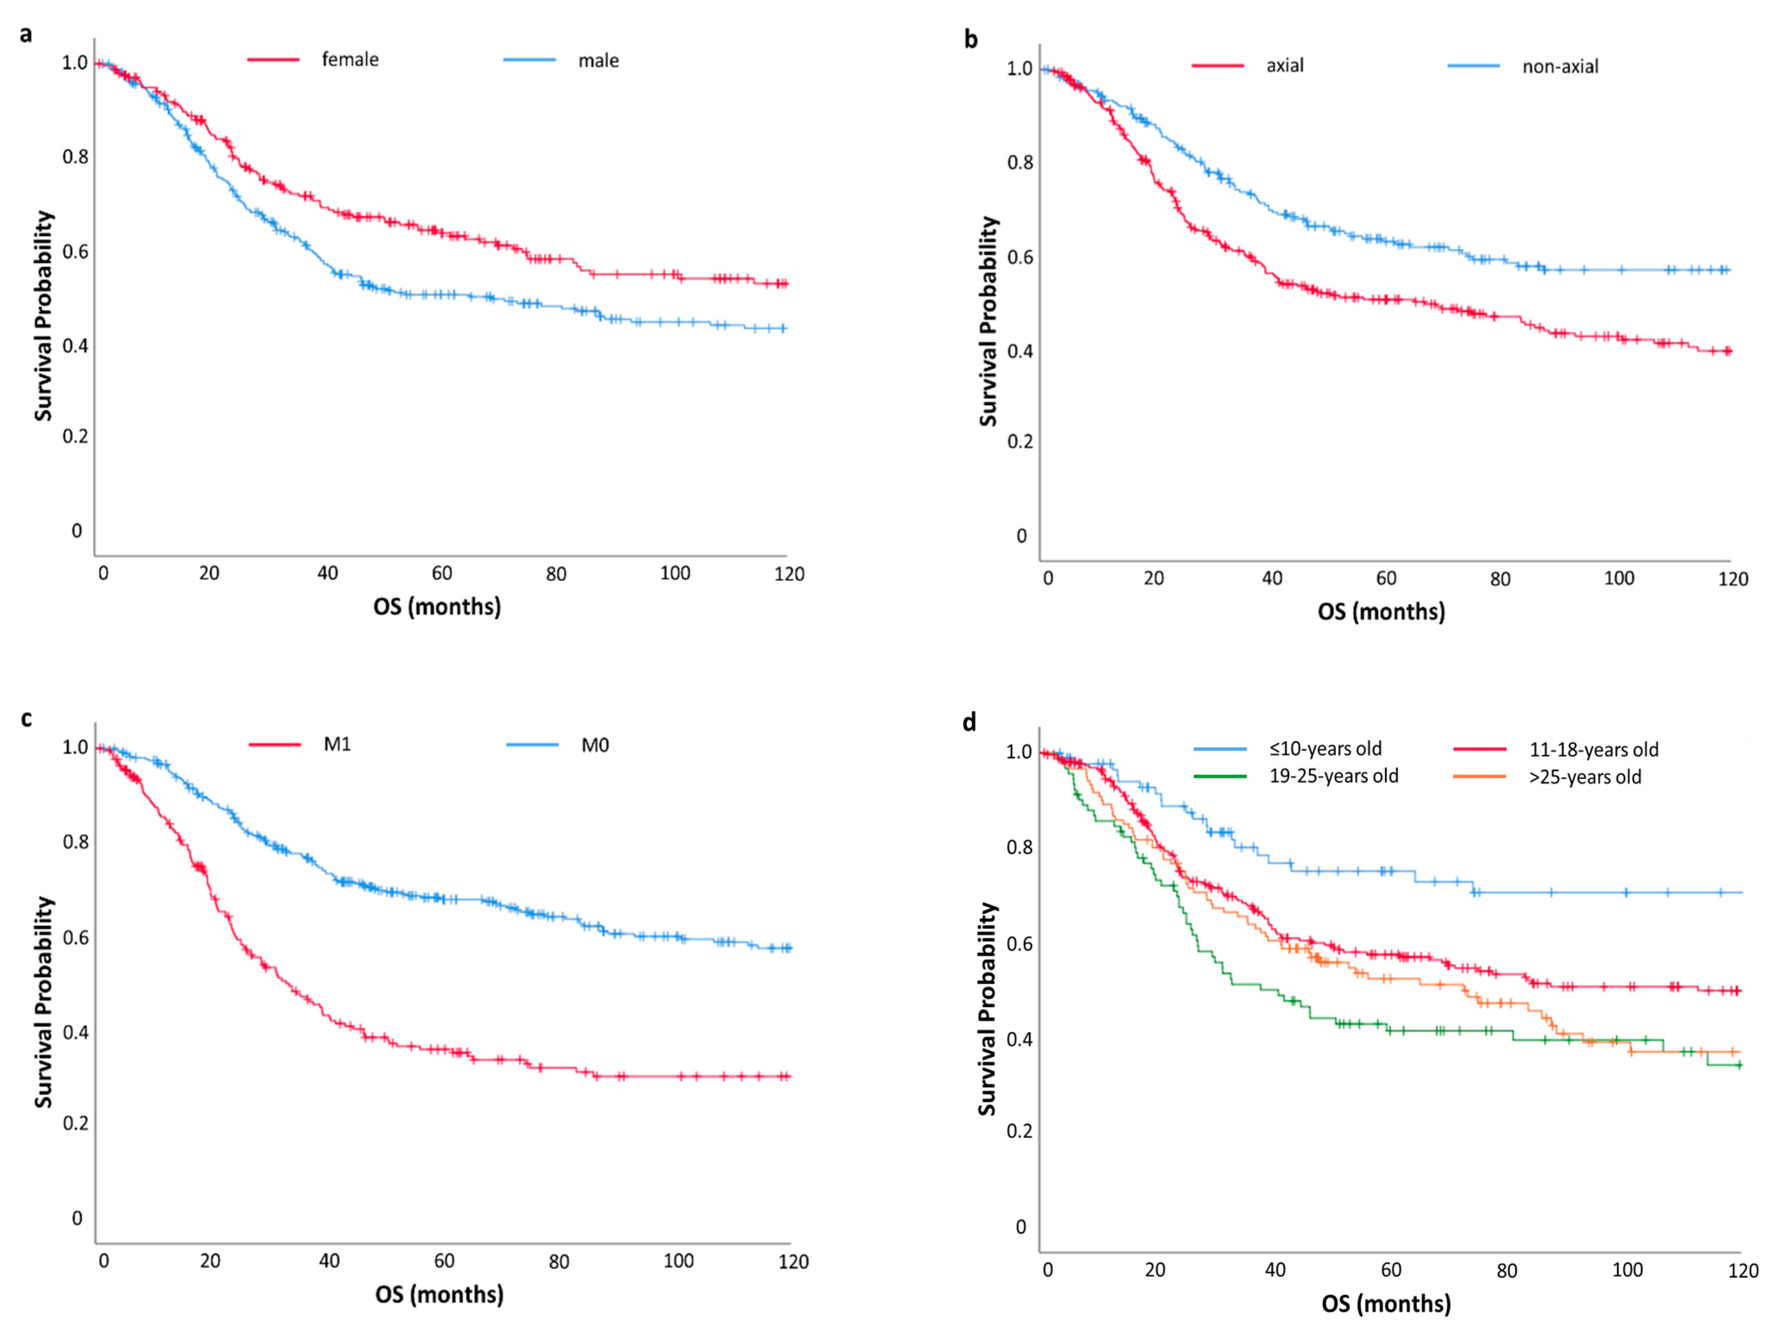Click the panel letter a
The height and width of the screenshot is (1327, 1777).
click(x=26, y=34)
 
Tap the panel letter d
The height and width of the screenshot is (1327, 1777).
click(x=970, y=723)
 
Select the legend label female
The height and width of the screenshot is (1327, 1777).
click(x=350, y=59)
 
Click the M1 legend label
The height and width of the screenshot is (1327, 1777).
click(x=338, y=745)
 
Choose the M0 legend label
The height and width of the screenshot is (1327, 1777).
click(x=595, y=746)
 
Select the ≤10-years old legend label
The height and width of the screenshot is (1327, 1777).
click(x=1326, y=749)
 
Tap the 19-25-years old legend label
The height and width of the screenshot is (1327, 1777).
click(x=1333, y=776)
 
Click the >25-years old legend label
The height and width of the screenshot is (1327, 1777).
click(x=1585, y=777)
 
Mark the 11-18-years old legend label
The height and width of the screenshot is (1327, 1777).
click(x=1594, y=749)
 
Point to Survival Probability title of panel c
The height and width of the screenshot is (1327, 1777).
click(x=44, y=1002)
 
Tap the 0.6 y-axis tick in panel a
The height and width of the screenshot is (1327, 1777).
click(x=75, y=251)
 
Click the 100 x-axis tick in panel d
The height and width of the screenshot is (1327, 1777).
click(x=1627, y=1270)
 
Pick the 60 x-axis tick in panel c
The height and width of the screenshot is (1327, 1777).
click(x=444, y=1261)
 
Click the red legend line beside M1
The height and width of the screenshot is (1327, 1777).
click(x=275, y=745)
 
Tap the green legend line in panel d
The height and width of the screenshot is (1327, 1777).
click(x=1220, y=776)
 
